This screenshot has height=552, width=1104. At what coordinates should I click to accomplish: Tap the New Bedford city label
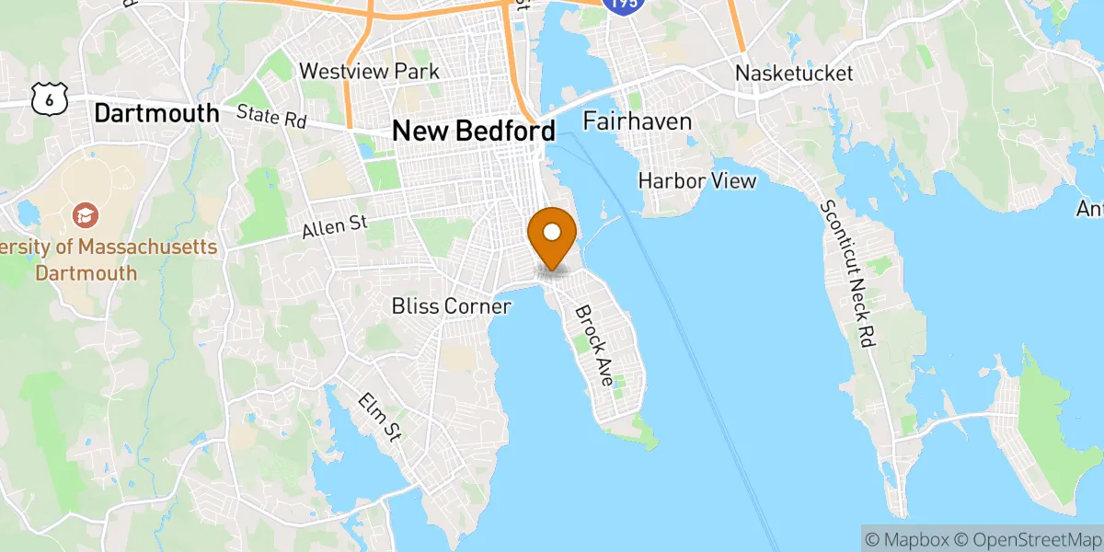pyautogui.click(x=474, y=131)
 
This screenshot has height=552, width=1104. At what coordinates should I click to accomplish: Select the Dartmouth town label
pyautogui.click(x=157, y=113)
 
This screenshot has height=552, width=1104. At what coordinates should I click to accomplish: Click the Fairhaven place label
pyautogui.click(x=637, y=121)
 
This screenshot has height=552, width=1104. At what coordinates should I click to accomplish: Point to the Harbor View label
pyautogui.click(x=697, y=180)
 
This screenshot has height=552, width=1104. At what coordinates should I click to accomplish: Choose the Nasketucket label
pyautogui.click(x=795, y=73)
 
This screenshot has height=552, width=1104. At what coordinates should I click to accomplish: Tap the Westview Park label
pyautogui.click(x=370, y=71)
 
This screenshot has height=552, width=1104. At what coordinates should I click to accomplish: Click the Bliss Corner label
pyautogui.click(x=451, y=305)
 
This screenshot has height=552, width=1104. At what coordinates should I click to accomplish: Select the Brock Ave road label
pyautogui.click(x=595, y=345)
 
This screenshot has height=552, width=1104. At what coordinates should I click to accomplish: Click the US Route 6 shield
pyautogui.click(x=45, y=97)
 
